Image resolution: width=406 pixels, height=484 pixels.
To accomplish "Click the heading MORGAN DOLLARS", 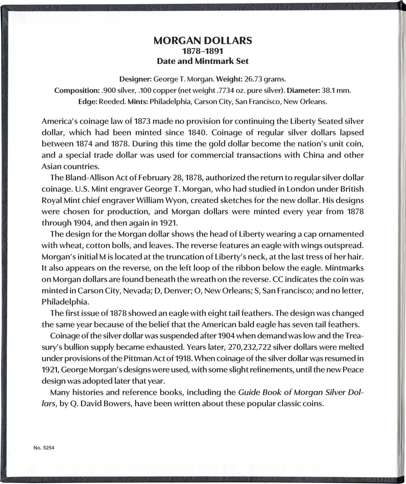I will click(203, 41).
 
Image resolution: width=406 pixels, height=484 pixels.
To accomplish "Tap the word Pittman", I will click(137, 358).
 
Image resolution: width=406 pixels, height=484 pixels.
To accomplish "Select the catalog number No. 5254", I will click(44, 448).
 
